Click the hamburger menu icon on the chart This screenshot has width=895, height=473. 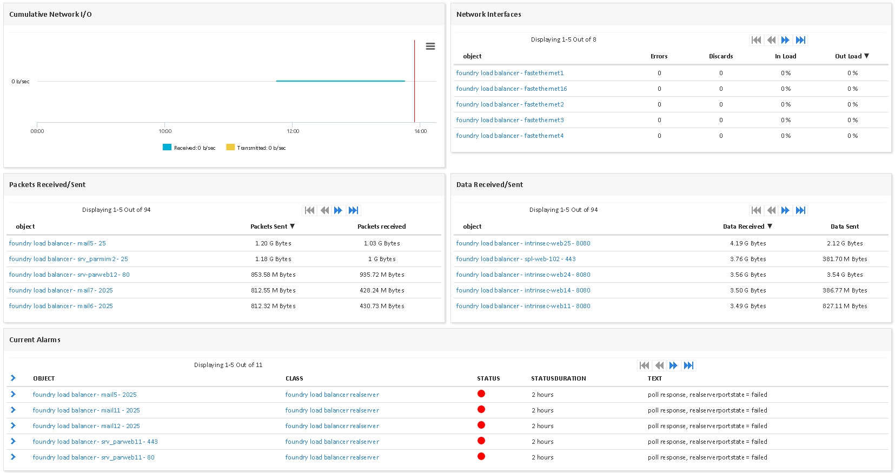430,46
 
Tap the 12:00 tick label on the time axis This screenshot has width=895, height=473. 293,131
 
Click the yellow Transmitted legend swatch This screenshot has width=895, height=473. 230,147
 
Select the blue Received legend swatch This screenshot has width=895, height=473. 167,147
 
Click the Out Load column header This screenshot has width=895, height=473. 852,56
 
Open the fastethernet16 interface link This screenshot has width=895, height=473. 512,89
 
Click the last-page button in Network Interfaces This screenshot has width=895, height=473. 800,40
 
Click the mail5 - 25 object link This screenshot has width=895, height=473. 57,243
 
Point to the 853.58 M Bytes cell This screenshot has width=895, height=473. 273,275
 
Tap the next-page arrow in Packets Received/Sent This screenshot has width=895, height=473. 338,210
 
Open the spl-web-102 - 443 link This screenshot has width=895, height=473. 516,259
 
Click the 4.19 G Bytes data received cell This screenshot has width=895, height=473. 748,243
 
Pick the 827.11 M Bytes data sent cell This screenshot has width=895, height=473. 845,306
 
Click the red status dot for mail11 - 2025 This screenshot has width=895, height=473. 481,409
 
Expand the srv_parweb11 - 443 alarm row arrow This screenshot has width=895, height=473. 13,441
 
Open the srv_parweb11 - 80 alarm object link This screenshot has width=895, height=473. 94,457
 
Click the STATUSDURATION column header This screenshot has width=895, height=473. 559,378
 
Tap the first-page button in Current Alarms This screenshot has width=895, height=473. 644,365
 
